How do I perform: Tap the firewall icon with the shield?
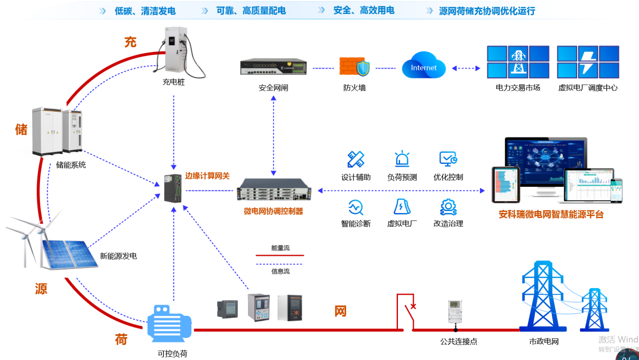click(x=354, y=67)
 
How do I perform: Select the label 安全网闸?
click(x=273, y=88)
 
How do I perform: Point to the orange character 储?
click(x=21, y=129)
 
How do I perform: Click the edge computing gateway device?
click(x=173, y=189)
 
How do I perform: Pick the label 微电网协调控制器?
click(x=273, y=211)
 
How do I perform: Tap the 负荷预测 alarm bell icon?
click(x=402, y=159)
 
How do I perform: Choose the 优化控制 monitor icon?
click(x=448, y=159)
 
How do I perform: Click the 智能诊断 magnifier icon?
click(x=356, y=207)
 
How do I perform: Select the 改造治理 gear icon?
click(x=448, y=207)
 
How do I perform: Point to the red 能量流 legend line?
click(x=280, y=255)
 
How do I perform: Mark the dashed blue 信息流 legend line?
click(x=280, y=264)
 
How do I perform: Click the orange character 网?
click(x=340, y=311)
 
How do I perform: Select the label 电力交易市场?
click(x=518, y=88)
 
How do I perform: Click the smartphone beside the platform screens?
click(x=616, y=191)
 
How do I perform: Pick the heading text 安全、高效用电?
click(x=364, y=10)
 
